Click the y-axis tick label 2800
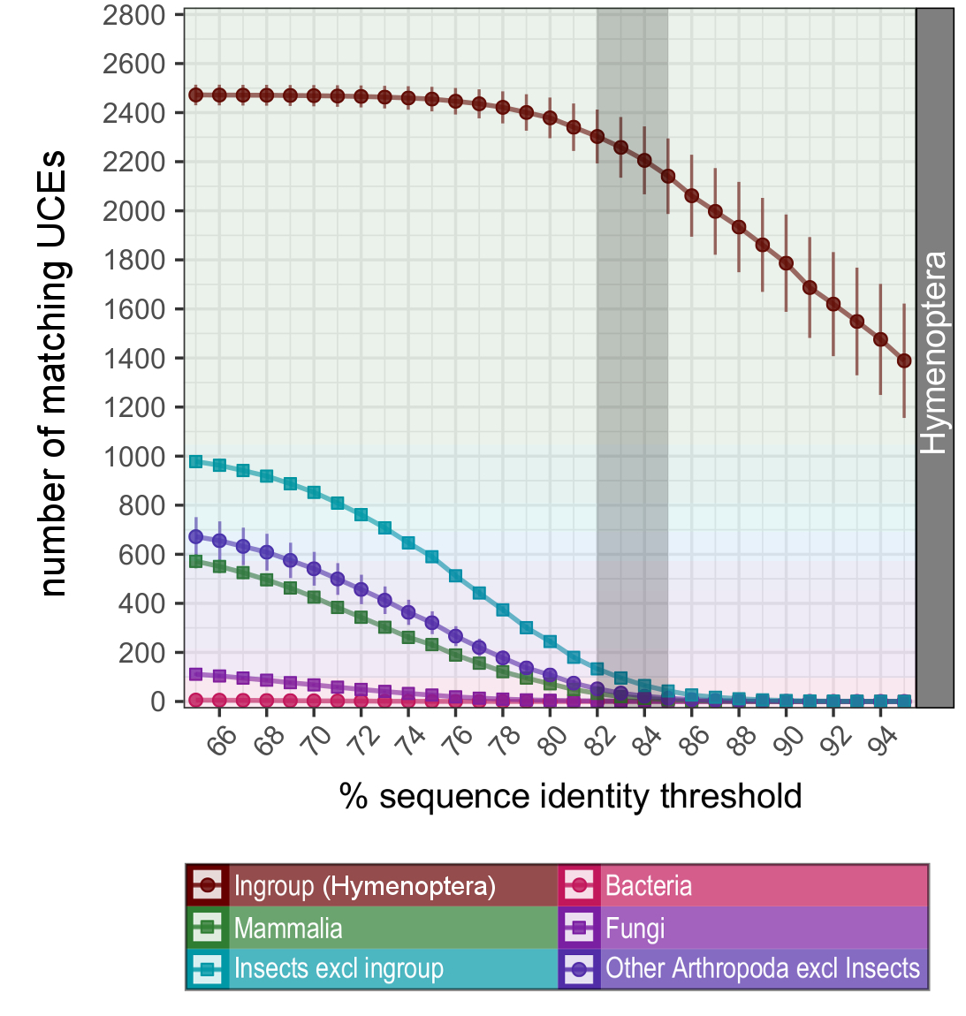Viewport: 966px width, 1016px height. click(134, 15)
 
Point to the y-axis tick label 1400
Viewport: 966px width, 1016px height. click(134, 359)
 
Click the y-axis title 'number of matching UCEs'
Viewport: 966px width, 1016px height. click(53, 373)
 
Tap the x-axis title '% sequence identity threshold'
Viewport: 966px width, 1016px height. click(570, 796)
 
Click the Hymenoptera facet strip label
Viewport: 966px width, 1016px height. click(934, 353)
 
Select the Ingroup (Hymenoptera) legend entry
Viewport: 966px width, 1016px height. click(364, 886)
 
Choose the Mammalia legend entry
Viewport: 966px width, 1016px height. click(288, 929)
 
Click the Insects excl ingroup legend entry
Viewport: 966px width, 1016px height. click(338, 969)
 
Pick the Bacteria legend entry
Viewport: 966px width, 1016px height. click(648, 886)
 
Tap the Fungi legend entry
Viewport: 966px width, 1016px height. click(635, 929)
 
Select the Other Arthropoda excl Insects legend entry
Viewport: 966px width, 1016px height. click(762, 969)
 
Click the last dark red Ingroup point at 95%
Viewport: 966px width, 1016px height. click(904, 360)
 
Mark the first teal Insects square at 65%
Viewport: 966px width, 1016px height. click(196, 461)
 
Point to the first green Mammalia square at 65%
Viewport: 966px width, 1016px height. click(196, 561)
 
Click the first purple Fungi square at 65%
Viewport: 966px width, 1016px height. click(196, 674)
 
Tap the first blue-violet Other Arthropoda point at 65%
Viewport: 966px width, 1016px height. click(196, 536)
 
